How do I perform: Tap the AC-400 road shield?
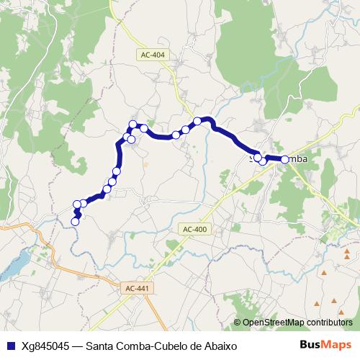[194, 229]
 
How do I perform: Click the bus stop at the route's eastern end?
[284, 159]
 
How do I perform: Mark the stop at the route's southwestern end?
[75, 222]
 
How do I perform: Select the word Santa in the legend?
[99, 345]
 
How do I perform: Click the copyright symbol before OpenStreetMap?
[238, 323]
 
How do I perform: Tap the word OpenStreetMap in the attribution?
[273, 323]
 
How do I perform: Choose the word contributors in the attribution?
[329, 323]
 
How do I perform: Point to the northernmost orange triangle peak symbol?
[347, 252]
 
